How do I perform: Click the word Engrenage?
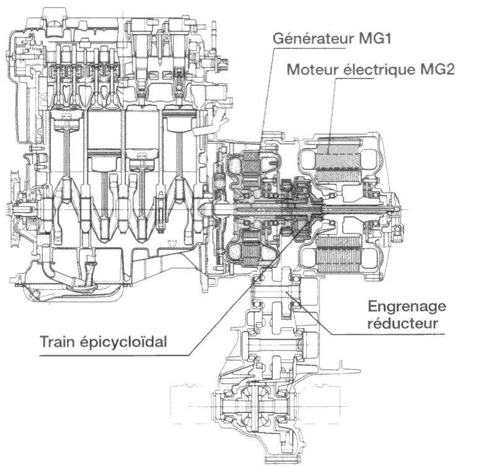click(x=407, y=306)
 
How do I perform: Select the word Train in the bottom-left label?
click(x=57, y=342)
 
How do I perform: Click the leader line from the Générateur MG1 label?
click(x=266, y=93)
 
